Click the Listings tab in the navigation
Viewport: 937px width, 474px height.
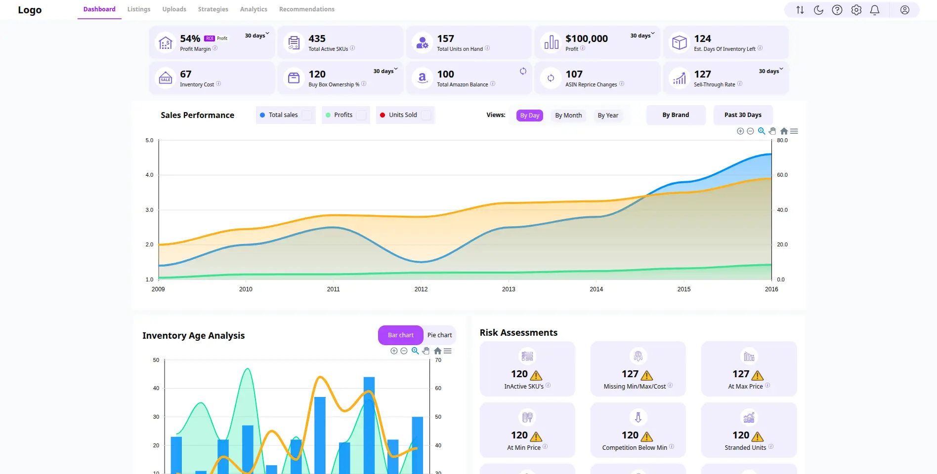138,9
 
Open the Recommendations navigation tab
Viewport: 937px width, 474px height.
306,9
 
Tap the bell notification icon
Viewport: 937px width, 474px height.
874,10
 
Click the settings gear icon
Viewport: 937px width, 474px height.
856,10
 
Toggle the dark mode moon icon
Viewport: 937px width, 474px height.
818,10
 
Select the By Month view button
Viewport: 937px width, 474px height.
568,116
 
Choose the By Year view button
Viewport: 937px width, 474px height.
607,116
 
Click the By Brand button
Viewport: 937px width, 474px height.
675,115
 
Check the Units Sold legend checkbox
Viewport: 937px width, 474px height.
426,115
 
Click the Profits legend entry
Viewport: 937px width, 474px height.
343,115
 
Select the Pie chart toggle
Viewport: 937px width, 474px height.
439,335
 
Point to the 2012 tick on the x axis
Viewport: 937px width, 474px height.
421,289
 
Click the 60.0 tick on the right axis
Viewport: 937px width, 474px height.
782,175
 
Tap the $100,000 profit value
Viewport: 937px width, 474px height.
586,39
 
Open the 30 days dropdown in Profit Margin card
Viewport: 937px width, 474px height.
257,36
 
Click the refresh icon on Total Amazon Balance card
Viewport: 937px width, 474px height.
523,71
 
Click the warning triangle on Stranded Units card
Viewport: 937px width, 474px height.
757,436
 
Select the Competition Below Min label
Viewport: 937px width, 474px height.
634,448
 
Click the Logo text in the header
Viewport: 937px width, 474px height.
30,10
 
